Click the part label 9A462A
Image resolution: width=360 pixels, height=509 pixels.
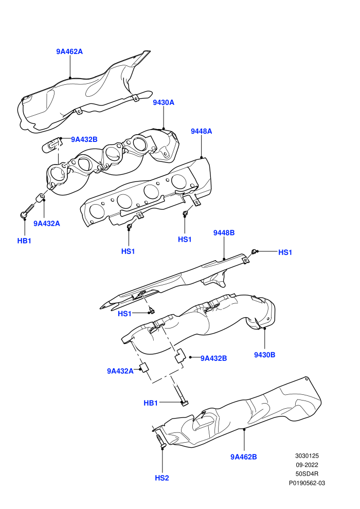[69, 51]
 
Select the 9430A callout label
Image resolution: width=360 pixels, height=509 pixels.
[164, 103]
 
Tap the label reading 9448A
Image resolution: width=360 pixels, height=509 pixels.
[201, 132]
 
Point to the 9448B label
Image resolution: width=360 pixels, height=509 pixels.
[224, 233]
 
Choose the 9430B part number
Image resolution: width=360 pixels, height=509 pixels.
[264, 355]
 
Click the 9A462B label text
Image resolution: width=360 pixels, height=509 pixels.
[243, 457]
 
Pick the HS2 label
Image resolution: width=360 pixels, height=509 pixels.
[162, 478]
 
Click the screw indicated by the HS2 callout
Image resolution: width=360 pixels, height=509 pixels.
[160, 441]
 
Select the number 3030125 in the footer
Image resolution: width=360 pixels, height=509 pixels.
[307, 456]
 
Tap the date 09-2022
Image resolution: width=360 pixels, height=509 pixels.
[307, 465]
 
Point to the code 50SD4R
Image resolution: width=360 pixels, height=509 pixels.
[307, 474]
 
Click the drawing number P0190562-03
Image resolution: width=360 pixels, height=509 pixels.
[307, 483]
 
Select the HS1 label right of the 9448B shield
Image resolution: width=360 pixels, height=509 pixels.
[285, 252]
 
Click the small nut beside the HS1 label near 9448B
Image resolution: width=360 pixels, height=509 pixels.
[254, 251]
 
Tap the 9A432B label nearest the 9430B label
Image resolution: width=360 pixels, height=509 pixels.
[213, 359]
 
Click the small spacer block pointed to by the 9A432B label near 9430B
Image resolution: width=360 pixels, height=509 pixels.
[180, 356]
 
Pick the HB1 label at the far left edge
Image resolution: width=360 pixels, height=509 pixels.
[24, 241]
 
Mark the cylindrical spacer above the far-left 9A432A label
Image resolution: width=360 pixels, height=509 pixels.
[40, 198]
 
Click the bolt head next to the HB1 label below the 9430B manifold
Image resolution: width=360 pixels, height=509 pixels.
[185, 403]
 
